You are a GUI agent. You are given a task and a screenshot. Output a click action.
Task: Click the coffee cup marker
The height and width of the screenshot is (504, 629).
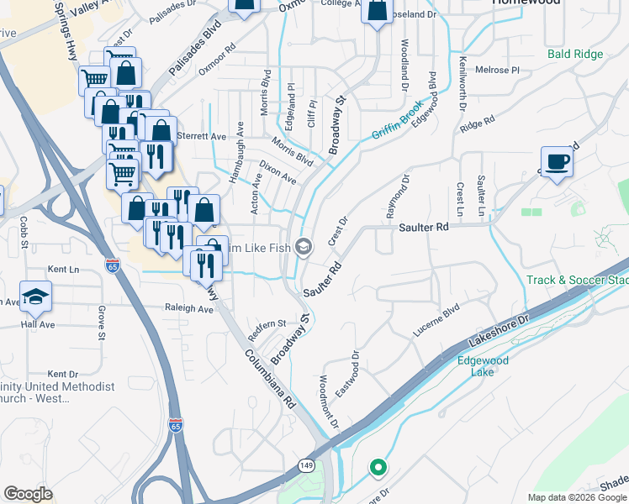[x=556, y=161]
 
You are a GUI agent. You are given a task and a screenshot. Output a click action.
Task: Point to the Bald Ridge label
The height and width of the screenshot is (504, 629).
[x=575, y=55]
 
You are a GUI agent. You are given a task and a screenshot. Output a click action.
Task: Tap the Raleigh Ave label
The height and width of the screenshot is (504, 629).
[x=189, y=308]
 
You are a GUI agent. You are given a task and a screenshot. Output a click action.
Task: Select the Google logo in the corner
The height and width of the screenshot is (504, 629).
[x=28, y=494]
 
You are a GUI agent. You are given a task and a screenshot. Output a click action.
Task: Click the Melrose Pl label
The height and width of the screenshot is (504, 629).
[x=498, y=70]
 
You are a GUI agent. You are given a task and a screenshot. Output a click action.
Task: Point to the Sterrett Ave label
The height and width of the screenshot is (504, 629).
[x=205, y=136]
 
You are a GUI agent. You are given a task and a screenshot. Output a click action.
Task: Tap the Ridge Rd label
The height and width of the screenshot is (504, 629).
[x=477, y=124]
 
